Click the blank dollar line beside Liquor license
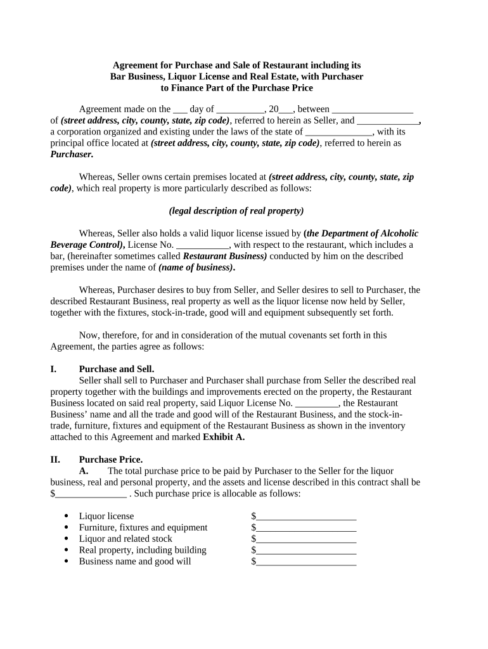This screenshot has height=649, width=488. click(306, 517)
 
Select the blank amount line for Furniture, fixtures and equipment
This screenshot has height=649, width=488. click(306, 528)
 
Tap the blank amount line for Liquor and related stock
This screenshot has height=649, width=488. click(306, 539)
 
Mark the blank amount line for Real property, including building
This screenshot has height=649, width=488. click(306, 551)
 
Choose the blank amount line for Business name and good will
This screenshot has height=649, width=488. click(306, 562)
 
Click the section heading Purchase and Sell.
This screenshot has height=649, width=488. click(117, 369)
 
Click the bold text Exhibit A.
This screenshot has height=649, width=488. click(224, 437)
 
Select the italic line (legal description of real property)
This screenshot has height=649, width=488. click(236, 211)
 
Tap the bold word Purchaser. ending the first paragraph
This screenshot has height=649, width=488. click(72, 155)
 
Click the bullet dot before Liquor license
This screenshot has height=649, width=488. click(67, 517)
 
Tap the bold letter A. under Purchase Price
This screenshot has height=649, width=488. click(84, 471)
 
